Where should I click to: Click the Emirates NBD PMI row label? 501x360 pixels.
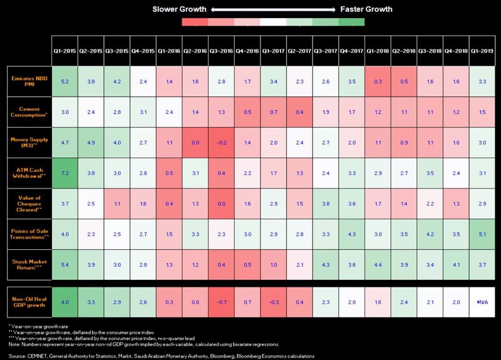(29, 81)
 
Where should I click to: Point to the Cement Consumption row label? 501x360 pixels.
(29, 111)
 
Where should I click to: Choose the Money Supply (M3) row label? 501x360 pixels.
(29, 142)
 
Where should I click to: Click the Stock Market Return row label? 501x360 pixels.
(29, 264)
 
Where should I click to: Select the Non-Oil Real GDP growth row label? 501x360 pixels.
(29, 302)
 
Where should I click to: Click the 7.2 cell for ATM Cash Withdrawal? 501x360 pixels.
(65, 172)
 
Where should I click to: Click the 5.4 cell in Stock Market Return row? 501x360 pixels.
(65, 264)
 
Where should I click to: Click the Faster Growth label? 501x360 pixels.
(366, 9)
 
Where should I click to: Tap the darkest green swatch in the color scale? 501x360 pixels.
(351, 22)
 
